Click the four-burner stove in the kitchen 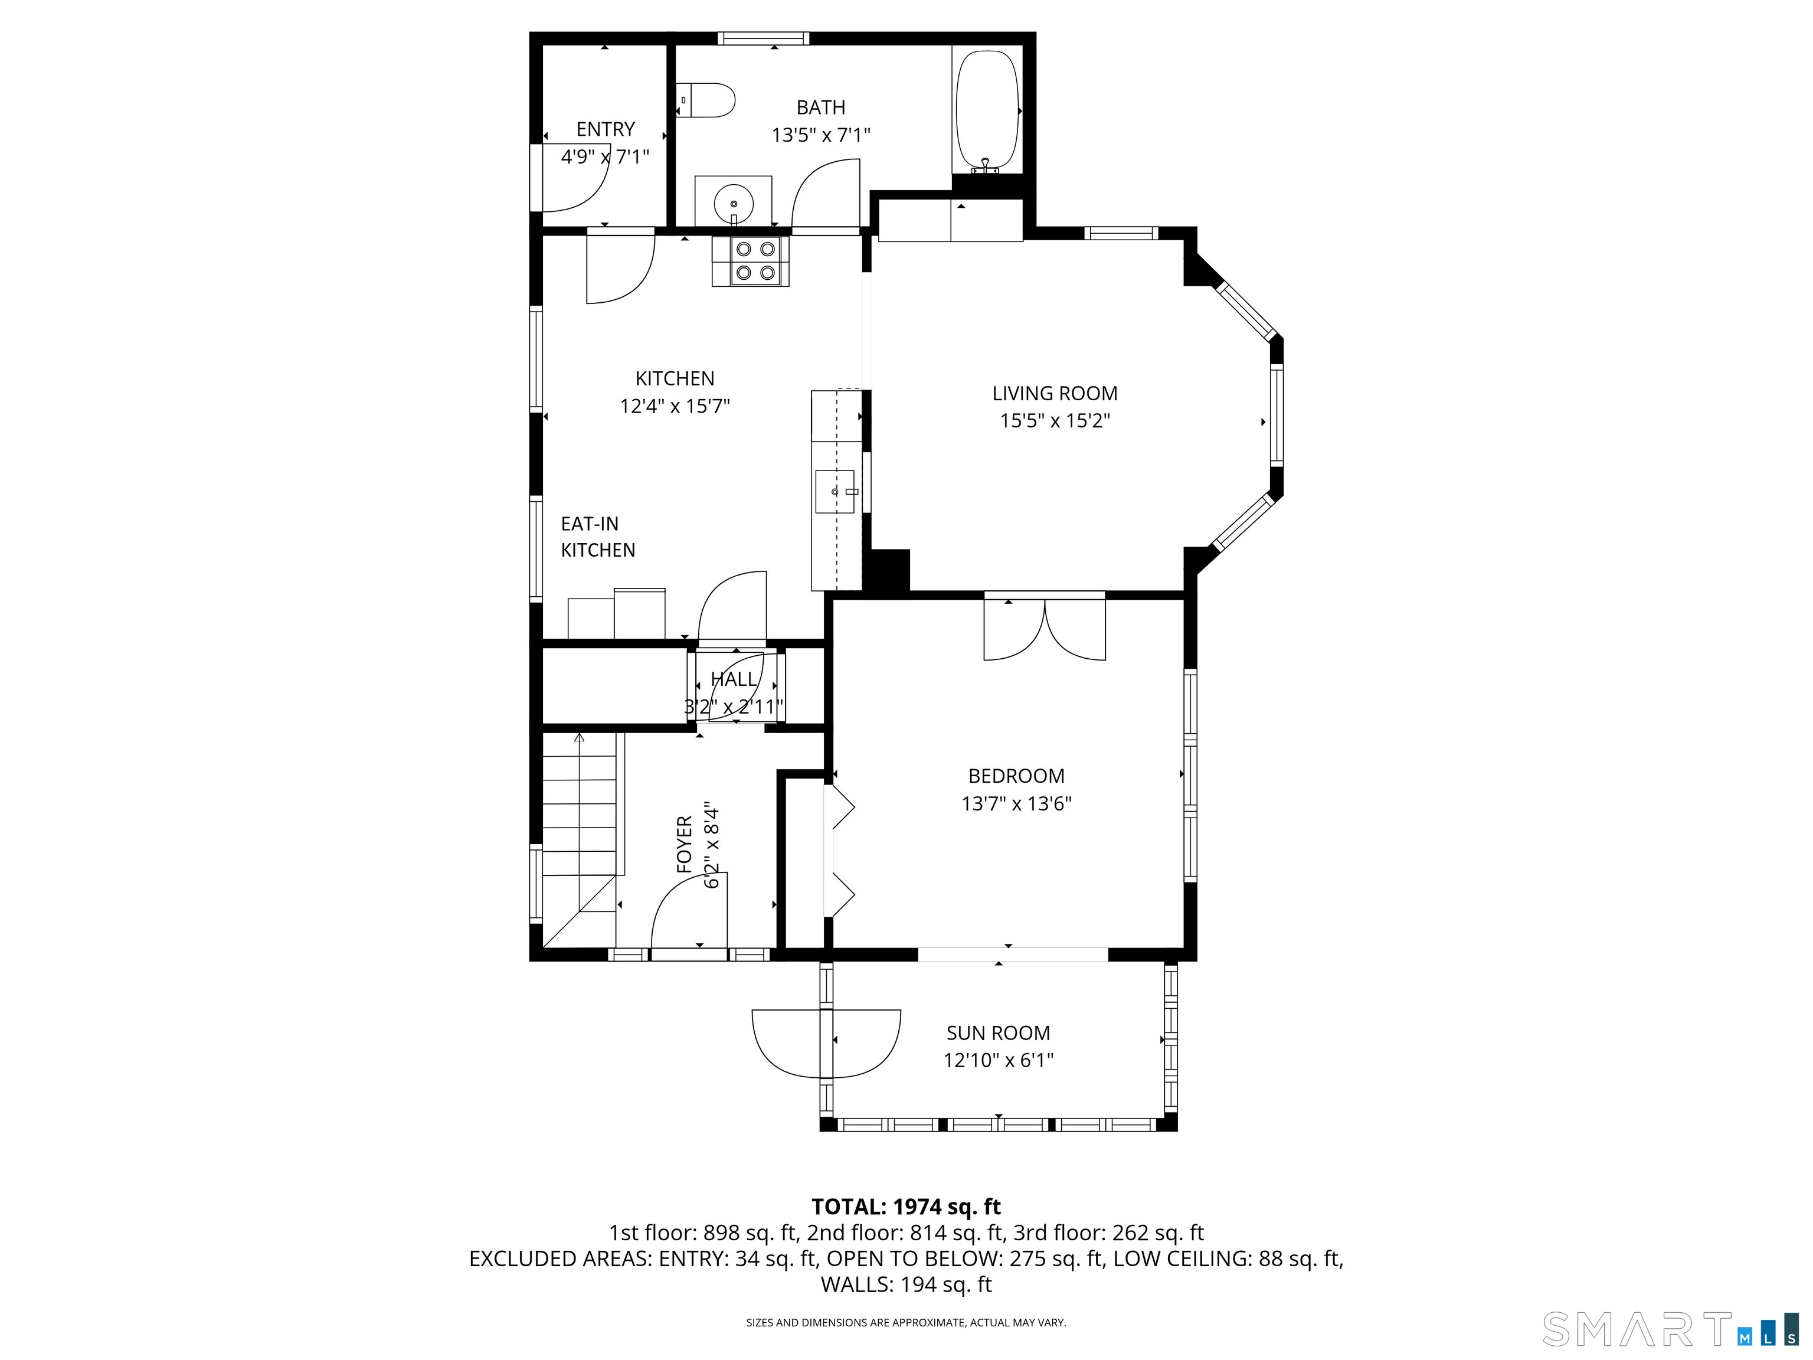point(751,261)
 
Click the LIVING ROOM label point(1055,394)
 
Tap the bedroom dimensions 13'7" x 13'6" point(1016,803)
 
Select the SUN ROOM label point(999,1033)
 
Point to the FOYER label point(685,844)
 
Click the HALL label point(734,679)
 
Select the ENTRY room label point(606,129)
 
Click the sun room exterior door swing point(826,1044)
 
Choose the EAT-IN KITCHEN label point(597,537)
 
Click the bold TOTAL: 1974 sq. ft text point(906,1207)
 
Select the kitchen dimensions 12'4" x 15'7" point(675,406)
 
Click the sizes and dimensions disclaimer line point(906,1322)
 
